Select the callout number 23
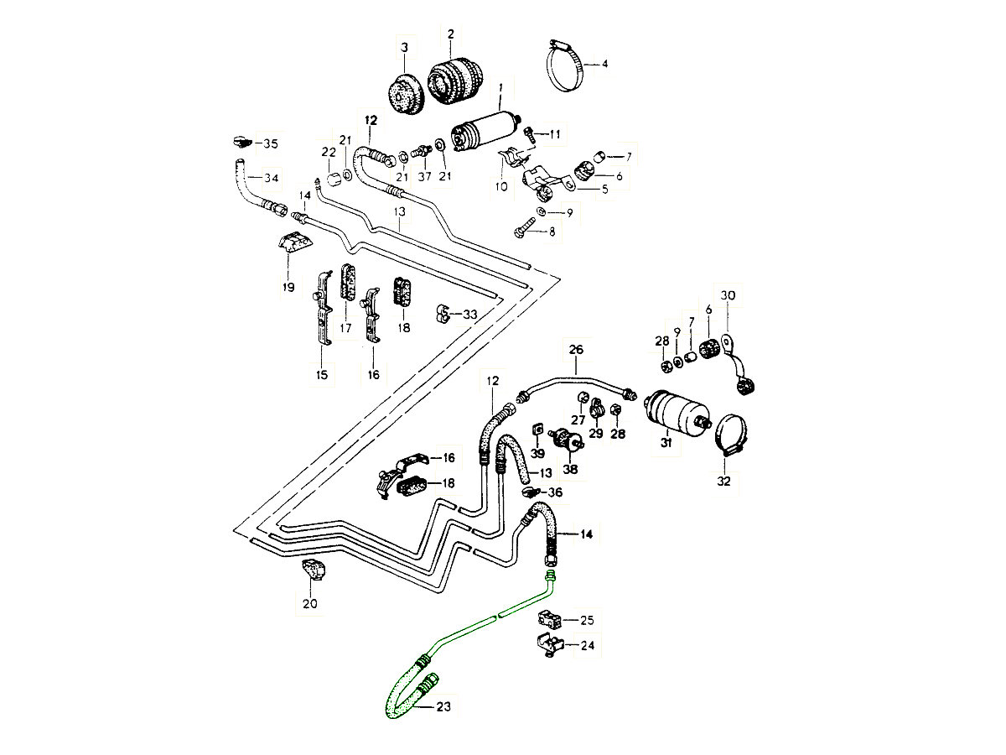click(x=443, y=707)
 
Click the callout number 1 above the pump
click(x=500, y=86)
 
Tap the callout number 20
click(x=310, y=602)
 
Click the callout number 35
click(x=270, y=144)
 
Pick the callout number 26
click(x=576, y=349)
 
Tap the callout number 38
click(x=571, y=469)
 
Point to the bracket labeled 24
click(x=546, y=645)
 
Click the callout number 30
click(x=728, y=295)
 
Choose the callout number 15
click(x=322, y=374)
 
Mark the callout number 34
click(x=271, y=178)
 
